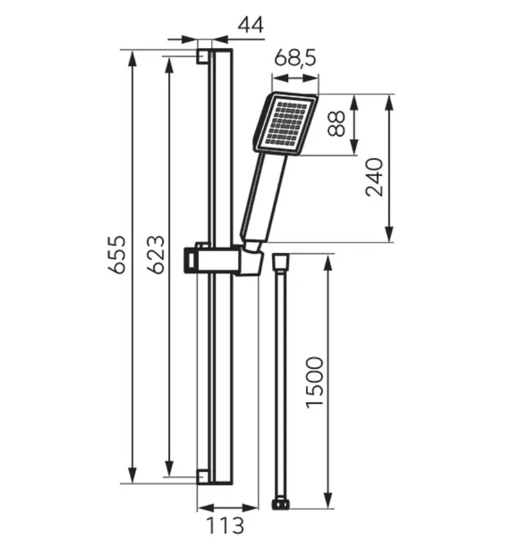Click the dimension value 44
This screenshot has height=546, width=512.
click(x=251, y=25)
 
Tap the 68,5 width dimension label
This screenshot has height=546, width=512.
click(x=295, y=58)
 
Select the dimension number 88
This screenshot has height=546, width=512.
click(x=337, y=124)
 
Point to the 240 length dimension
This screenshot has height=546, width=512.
click(x=374, y=177)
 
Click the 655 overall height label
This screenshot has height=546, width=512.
click(x=116, y=255)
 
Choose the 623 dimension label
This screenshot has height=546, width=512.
click(x=156, y=255)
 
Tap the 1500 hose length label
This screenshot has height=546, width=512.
click(x=315, y=382)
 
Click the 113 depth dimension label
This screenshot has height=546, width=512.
click(x=225, y=526)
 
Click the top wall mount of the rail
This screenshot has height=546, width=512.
click(x=204, y=56)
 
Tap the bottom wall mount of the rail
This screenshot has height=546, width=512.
click(x=204, y=477)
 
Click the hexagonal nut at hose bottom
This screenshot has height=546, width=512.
click(x=281, y=504)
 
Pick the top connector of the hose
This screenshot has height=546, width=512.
click(x=281, y=261)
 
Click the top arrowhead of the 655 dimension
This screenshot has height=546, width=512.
click(x=132, y=58)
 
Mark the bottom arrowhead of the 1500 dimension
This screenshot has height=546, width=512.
click(x=328, y=500)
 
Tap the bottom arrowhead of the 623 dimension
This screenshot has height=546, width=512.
click(x=169, y=469)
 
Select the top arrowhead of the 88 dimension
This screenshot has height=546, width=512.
click(x=354, y=102)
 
